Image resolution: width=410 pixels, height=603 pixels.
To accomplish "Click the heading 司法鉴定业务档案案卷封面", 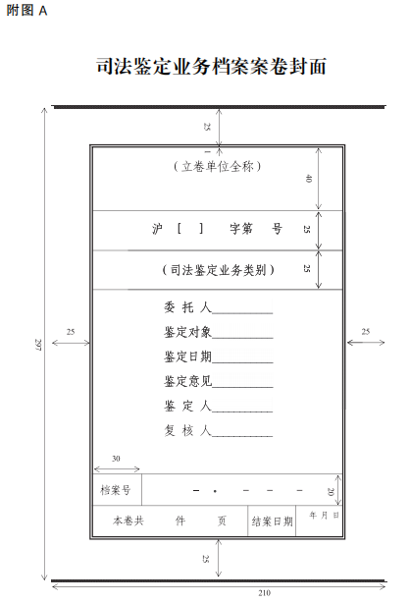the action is pos(211,66).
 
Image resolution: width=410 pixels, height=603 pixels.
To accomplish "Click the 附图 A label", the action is pos(26,11).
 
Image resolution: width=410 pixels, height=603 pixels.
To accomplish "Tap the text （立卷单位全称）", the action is pos(217,166).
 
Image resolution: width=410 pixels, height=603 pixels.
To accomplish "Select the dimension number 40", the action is pos(308,179).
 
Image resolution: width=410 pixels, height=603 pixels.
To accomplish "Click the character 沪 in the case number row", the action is pos(157,229).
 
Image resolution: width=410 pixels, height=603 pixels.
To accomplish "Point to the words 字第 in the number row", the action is pos(241,229).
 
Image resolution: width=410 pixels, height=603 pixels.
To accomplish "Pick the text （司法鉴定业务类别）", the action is pos(218,270).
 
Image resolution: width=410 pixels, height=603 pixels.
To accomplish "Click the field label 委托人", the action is pos(187,307).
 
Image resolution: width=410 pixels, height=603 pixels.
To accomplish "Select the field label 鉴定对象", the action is pos(187,332).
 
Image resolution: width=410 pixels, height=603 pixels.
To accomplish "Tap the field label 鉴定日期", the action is pos(187,356).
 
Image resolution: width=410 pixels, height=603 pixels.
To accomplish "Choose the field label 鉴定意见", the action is pos(187,381).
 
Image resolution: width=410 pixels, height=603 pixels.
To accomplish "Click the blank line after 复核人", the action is pos(242,436).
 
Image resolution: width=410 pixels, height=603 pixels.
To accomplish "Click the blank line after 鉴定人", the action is pos(242,411).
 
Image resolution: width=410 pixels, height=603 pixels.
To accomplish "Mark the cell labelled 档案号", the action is pos(117,489).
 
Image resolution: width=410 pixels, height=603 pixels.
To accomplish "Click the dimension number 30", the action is pos(116,459).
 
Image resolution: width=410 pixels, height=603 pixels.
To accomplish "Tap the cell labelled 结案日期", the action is pos(272,521).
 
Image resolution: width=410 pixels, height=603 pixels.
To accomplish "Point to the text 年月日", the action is pos(324,515).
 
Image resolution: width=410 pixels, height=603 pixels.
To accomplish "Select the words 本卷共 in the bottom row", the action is pos(128,521).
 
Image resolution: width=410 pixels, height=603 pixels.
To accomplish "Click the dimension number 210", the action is pos(265,593).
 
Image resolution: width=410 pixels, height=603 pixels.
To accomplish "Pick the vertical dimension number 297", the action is pos(38,344).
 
